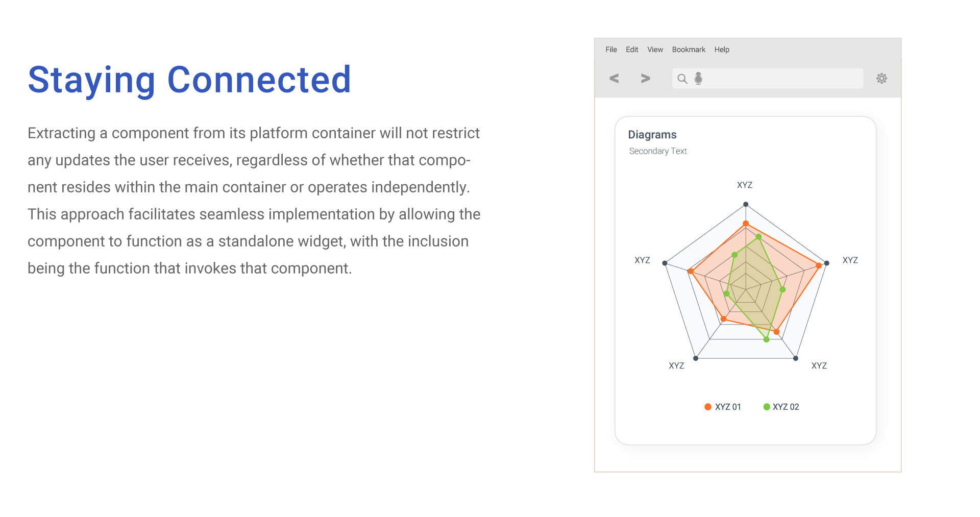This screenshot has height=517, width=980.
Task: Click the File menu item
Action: click(611, 50)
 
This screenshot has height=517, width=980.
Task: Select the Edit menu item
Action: click(632, 50)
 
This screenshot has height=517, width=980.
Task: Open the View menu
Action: click(655, 50)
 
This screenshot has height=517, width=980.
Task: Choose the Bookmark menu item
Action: click(689, 50)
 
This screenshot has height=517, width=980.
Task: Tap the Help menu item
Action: click(722, 50)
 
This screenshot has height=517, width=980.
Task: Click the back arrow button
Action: click(614, 78)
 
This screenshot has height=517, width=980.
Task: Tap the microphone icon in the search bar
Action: click(698, 78)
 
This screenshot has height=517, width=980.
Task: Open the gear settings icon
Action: click(881, 78)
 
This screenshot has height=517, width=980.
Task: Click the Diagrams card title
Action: click(652, 135)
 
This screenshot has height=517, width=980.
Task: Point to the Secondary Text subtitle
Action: click(658, 151)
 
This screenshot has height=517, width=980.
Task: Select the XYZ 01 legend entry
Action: click(723, 407)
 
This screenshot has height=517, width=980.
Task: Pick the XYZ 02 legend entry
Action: click(781, 407)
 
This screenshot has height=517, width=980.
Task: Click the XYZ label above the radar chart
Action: click(745, 185)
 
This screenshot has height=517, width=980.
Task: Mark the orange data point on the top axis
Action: click(746, 224)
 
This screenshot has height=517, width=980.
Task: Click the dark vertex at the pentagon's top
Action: click(746, 204)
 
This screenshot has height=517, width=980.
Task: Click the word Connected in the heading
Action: click(259, 80)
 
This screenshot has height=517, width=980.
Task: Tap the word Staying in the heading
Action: click(91, 81)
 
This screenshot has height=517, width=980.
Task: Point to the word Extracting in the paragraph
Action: click(61, 133)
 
